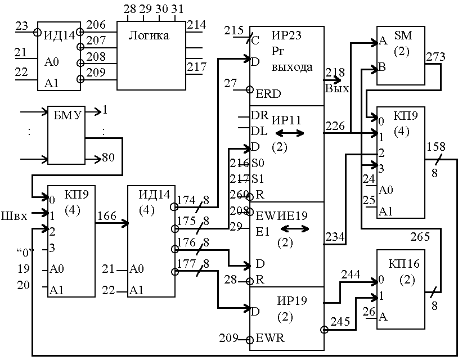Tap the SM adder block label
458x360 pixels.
403,35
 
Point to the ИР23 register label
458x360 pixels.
286,35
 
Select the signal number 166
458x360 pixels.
106,215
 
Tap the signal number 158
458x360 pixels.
436,147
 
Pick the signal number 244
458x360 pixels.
350,274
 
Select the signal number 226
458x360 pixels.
335,126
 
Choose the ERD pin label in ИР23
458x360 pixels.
268,93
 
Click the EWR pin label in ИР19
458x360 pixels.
270,339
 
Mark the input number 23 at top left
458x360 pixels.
22,26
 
